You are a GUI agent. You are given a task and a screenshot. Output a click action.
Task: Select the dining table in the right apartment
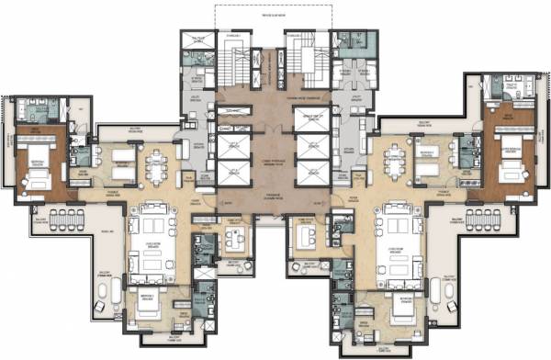[397, 166]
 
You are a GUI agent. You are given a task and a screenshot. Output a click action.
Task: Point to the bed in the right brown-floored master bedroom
[514, 166]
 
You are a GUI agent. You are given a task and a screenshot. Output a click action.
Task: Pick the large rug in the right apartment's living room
[400, 241]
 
